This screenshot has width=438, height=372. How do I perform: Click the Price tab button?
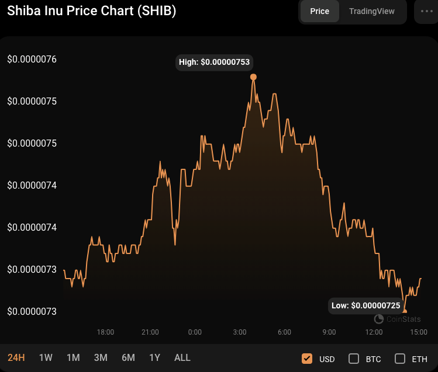319,11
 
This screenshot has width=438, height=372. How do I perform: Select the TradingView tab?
371,11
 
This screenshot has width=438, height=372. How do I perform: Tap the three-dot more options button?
426,11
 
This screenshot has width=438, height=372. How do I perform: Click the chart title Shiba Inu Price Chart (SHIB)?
91,11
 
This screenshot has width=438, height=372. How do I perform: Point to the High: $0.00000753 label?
215,62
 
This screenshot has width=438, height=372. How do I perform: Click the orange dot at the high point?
253,77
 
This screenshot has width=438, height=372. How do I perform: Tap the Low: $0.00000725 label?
365,305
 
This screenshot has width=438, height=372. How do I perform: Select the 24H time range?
16,357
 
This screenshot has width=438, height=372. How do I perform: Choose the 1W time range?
46,357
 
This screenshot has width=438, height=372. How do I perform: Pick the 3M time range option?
101,357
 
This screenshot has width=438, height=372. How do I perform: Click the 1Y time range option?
154,357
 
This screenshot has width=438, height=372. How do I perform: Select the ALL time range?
182,357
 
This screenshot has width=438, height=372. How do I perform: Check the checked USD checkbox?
307,359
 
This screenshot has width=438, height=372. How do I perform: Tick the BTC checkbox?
354,359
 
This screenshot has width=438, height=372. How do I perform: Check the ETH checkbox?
400,359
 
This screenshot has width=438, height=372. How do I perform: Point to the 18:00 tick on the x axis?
105,332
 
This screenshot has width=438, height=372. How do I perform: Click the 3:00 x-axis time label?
240,332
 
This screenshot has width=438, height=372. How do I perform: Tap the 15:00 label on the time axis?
418,332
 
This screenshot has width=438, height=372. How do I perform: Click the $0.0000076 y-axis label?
32,60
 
